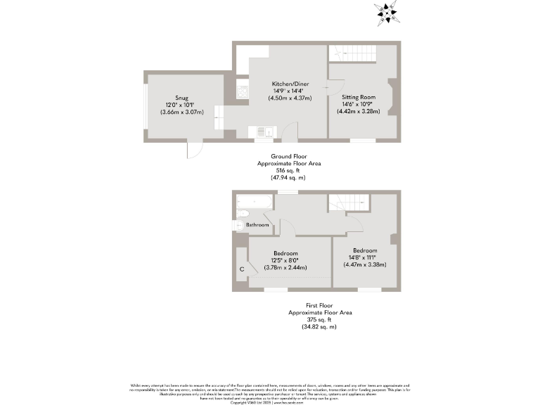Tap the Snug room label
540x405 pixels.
coord(182,98)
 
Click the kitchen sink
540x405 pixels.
coord(265,131)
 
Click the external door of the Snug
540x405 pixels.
coord(200,150)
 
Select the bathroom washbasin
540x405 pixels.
coord(238,226)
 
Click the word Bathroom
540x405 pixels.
coord(257,225)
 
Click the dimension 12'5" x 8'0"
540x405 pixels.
coord(286,260)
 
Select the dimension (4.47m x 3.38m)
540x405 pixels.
coord(366,264)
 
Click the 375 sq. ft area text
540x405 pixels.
coord(320,320)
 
